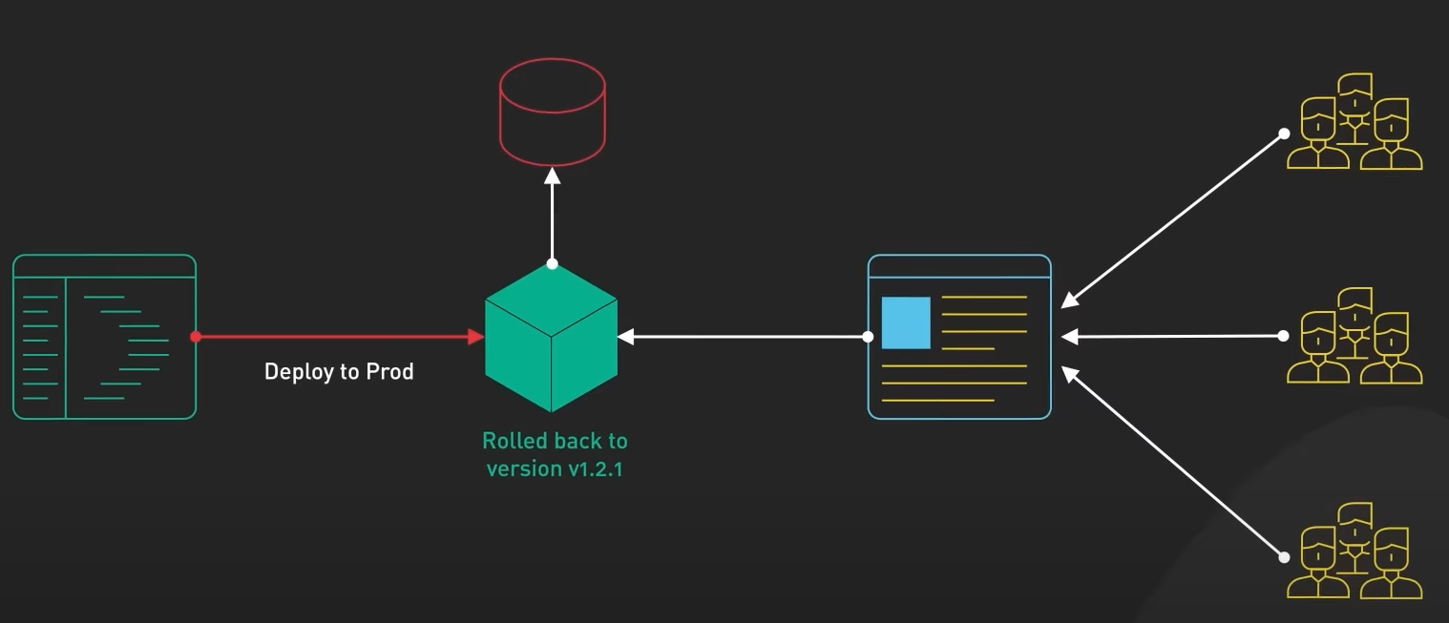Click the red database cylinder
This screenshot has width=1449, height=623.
(552, 112)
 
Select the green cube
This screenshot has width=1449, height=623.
(551, 337)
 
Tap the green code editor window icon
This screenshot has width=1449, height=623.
(104, 336)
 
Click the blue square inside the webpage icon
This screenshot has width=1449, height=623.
(906, 322)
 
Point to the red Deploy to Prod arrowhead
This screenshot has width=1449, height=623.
(475, 337)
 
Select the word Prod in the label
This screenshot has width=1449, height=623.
(391, 371)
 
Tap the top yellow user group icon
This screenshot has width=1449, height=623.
(1354, 122)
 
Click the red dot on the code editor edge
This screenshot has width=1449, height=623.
(196, 337)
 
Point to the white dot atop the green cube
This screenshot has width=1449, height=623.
(552, 263)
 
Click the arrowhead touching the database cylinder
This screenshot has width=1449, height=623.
(552, 175)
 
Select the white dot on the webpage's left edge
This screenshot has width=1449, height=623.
(868, 337)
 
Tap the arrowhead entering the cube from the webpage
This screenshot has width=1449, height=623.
(626, 337)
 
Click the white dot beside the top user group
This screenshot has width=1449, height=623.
(1284, 135)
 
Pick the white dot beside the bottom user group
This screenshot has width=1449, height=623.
(1284, 557)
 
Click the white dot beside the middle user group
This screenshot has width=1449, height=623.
(1284, 336)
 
